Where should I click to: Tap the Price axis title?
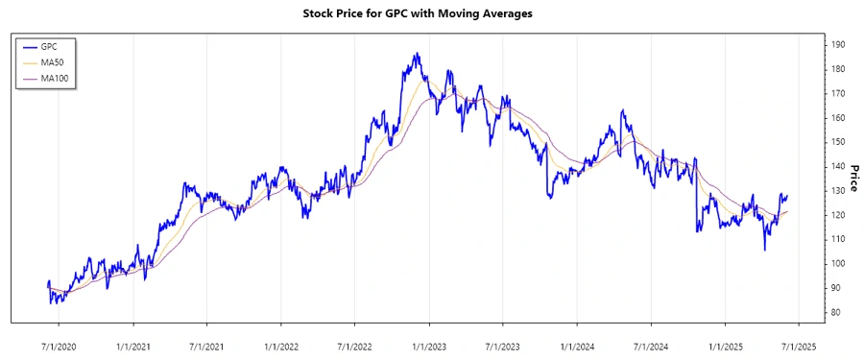coord(852,179)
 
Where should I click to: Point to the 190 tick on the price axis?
coord(838,44)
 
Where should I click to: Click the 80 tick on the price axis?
coord(836,312)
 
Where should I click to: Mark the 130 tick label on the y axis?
coord(838,190)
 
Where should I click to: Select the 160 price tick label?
coord(838,117)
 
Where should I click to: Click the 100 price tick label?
coord(838,263)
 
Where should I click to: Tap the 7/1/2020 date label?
coord(59,345)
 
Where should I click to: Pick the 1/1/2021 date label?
coord(132,345)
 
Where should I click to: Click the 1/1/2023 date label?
coord(428,345)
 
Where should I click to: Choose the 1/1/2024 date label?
coord(576,345)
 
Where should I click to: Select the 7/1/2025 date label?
coord(798,345)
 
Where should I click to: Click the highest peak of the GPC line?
coord(416,54)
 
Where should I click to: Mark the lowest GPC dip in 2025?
coord(764,250)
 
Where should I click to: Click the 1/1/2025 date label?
coord(725,345)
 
